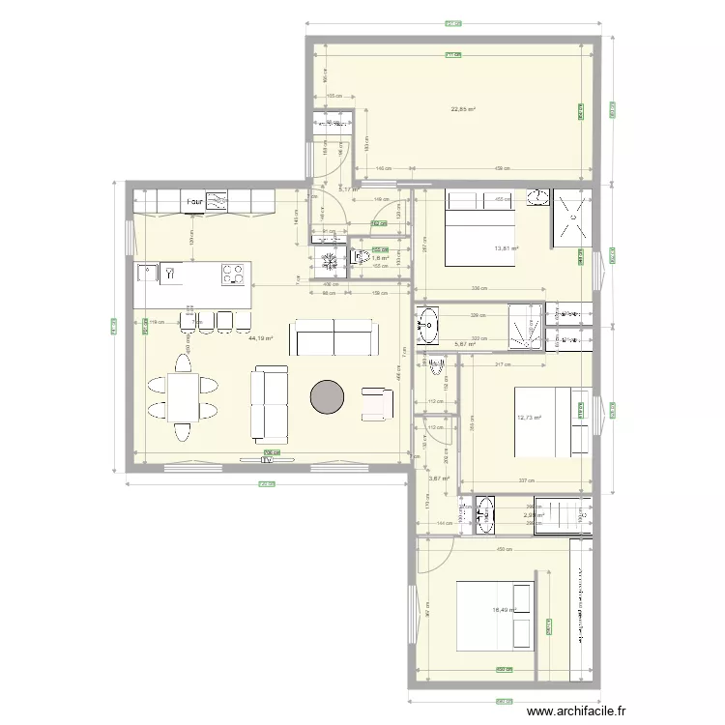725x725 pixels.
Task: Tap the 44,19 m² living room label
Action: [x=261, y=339]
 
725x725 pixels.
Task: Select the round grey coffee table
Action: [x=327, y=396]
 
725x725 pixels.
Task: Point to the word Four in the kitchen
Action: [x=194, y=203]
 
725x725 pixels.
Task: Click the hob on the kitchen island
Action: [x=233, y=275]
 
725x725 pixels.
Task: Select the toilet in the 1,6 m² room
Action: [x=359, y=257]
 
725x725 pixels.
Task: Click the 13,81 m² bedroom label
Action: [x=507, y=248]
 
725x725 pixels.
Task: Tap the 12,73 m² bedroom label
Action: [x=529, y=418]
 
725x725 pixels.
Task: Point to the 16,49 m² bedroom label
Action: [x=504, y=610]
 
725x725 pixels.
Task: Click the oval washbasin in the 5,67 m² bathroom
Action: [x=428, y=325]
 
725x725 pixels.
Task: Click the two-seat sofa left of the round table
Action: [x=271, y=402]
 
